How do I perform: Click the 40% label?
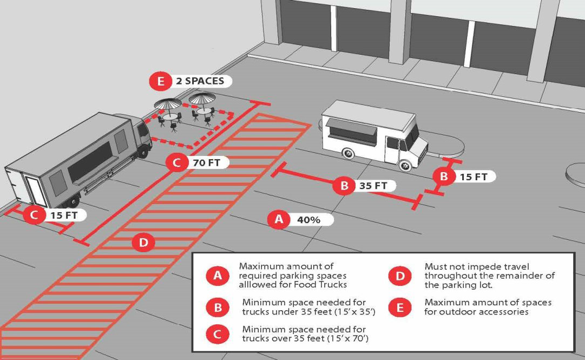[308, 220]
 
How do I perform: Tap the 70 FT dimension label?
[206, 162]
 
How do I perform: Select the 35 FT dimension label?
[373, 185]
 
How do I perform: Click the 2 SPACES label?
[200, 81]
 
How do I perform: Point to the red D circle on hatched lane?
[143, 243]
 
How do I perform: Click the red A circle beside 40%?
[279, 219]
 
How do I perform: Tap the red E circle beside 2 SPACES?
[161, 81]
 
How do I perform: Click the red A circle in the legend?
[218, 276]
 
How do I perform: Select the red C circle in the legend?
[218, 334]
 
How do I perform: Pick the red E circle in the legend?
[400, 308]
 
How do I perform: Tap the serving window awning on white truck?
[352, 129]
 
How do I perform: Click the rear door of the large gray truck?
[36, 191]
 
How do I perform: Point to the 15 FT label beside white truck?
[474, 176]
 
